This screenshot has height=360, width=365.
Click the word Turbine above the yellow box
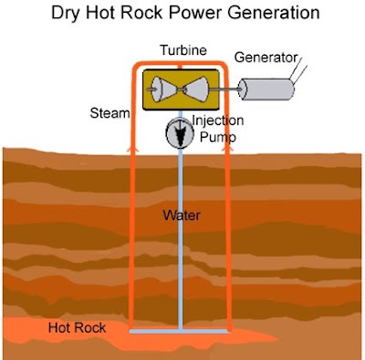point(183,50)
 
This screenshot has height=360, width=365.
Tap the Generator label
point(266,58)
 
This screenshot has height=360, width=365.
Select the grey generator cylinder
point(266,89)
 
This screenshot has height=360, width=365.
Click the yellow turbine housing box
point(181,90)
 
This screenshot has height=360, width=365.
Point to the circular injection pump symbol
point(180,132)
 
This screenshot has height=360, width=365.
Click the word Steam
point(109,113)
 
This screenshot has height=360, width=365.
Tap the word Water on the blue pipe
point(182,216)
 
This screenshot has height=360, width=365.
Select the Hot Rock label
point(77,328)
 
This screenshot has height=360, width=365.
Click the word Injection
point(218,121)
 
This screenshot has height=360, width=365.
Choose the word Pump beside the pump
point(218,137)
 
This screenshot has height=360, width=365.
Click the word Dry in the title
point(67,13)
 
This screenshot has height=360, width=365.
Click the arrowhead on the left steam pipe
point(131,148)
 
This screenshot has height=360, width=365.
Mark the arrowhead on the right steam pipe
point(227,148)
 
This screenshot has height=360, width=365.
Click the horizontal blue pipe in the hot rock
point(179,331)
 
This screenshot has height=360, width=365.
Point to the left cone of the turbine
point(164,90)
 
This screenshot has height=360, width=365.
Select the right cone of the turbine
point(196,90)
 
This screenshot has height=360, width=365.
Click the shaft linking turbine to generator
point(225,90)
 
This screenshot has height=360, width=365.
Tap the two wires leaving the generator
point(297,70)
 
